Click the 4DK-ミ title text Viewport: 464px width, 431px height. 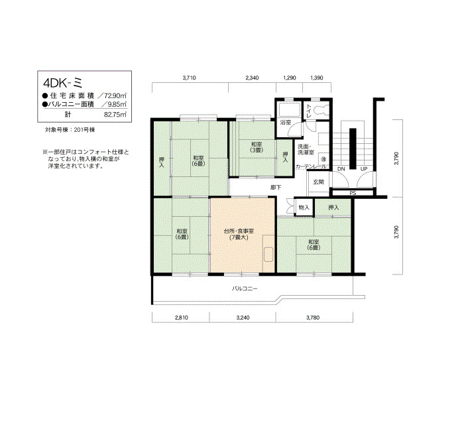point(63,83)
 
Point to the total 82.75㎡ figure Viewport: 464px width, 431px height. point(115,115)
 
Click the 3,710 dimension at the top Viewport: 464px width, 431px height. point(190,78)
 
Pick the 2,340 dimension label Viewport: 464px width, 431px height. point(252,78)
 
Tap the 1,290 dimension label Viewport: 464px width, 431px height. point(290,78)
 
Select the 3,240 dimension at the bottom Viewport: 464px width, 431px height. point(243,318)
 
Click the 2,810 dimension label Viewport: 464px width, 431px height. point(182,318)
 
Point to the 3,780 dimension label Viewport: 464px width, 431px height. point(313,318)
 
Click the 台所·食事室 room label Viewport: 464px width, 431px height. point(239,231)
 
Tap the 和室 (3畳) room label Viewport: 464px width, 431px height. point(257,147)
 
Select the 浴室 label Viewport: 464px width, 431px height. point(286,123)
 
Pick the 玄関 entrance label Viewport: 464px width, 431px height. point(318,182)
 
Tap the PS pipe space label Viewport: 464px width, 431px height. point(353,194)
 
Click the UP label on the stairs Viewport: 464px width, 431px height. point(364,169)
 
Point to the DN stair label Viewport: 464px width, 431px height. point(341,169)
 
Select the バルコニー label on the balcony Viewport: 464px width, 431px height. point(245,288)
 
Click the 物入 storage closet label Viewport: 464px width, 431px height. point(304,208)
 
